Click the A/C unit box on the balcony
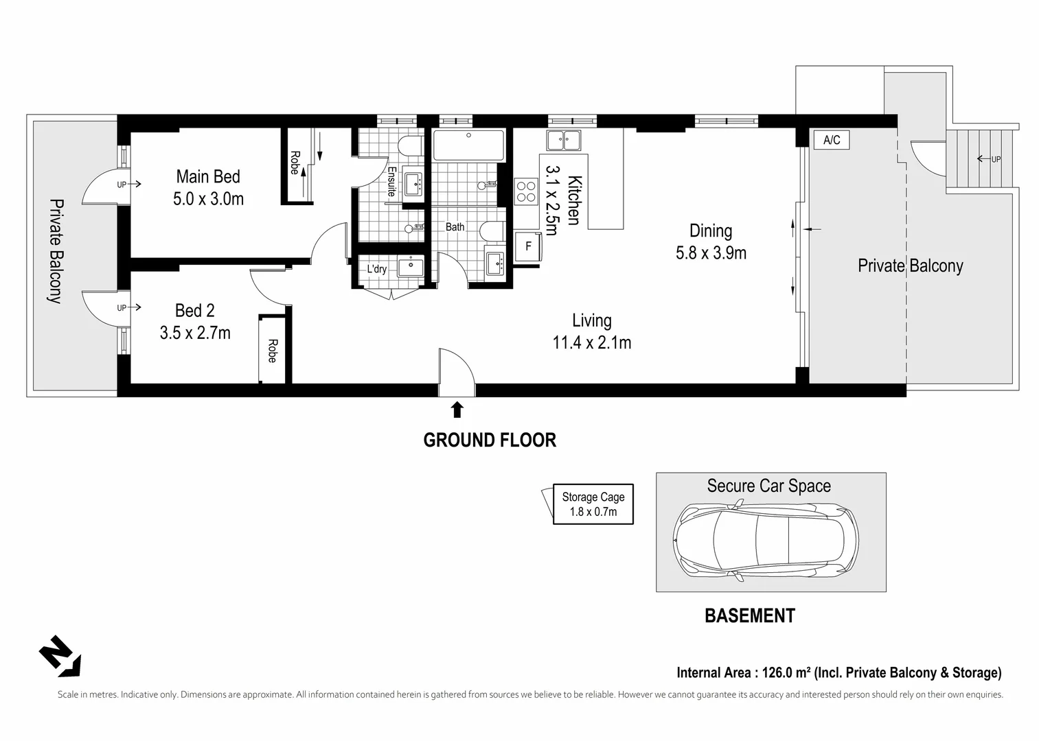point(832,139)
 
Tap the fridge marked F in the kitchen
point(528,246)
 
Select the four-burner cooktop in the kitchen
point(526,192)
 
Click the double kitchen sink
point(563,141)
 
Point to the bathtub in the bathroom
point(468,145)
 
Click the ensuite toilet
point(411,146)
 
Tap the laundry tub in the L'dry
point(411,268)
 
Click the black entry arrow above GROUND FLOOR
point(457,409)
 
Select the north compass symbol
point(60,656)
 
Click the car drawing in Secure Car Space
point(766,541)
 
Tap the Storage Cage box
point(593,504)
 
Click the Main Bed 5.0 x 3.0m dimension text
point(208,199)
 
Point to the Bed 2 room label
point(195,311)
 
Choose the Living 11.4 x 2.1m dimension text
point(592,342)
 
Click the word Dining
point(711,231)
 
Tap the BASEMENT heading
point(750,616)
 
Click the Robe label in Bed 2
point(273,351)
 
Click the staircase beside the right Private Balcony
point(980,158)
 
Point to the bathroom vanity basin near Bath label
point(496,264)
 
